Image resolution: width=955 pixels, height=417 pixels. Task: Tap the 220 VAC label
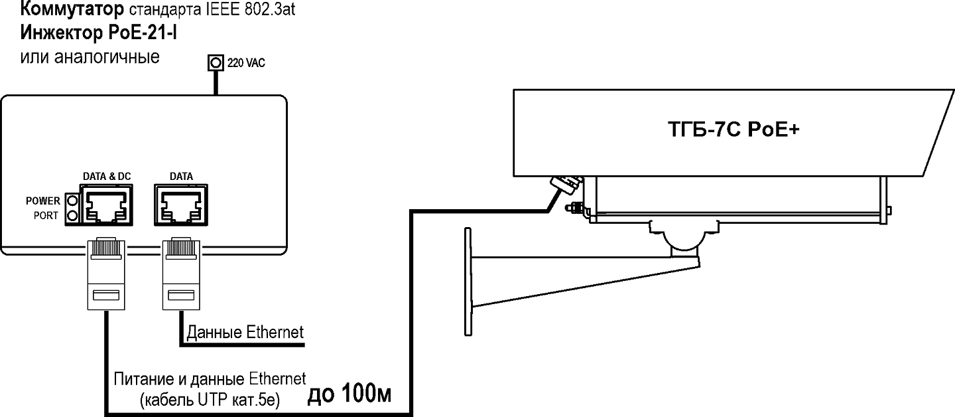246,64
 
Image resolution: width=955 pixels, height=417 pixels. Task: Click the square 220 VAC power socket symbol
215,63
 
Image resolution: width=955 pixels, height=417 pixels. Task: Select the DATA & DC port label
106,177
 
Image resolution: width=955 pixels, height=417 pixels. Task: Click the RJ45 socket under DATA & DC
107,205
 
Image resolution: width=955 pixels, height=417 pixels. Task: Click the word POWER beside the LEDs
43,201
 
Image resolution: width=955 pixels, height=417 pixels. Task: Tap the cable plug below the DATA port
180,272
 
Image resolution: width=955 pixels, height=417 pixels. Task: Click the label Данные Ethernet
245,332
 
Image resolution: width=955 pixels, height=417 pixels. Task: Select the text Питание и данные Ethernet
210,379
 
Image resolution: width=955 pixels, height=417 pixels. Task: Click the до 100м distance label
350,395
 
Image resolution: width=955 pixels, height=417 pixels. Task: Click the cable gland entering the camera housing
566,183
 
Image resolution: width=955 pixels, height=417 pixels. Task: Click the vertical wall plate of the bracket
468,279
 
